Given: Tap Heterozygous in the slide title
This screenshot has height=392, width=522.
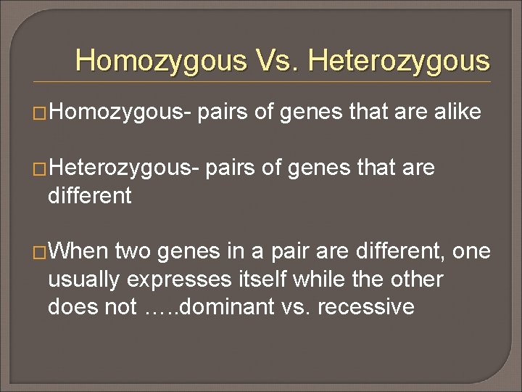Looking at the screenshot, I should tap(399, 60).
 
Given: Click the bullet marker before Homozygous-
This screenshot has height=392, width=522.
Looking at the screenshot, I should tap(41, 113).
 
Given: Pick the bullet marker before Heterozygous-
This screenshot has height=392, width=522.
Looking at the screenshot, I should tap(41, 169).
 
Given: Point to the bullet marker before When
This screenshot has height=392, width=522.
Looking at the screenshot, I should tap(41, 252).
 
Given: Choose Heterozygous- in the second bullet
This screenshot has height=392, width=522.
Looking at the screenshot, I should tap(125, 168).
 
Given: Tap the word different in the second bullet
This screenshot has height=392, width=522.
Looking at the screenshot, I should tap(89, 195).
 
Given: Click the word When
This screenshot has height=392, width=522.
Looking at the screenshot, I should tap(78, 251).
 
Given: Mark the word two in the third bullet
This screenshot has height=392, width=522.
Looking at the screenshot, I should tap(132, 251).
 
